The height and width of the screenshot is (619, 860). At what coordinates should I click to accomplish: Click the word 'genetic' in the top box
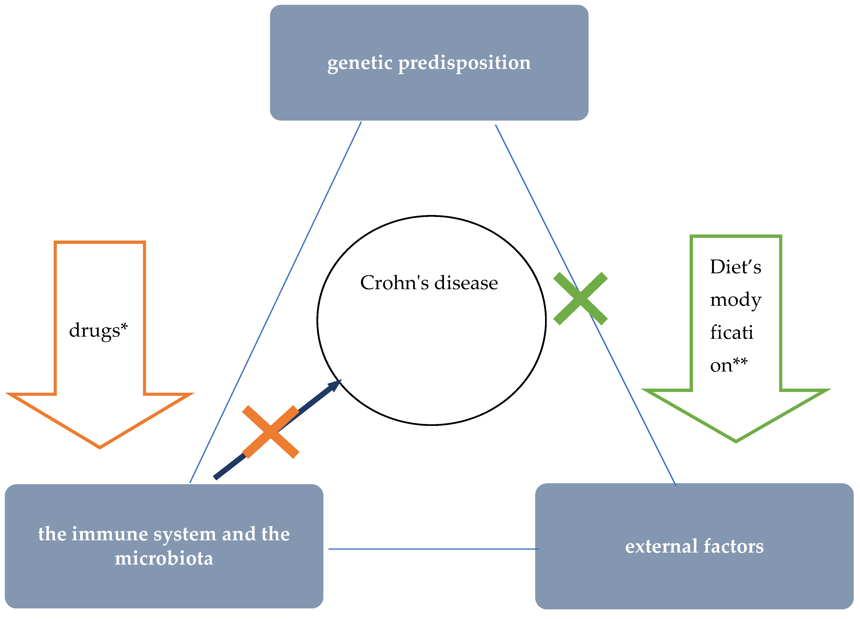click(x=359, y=63)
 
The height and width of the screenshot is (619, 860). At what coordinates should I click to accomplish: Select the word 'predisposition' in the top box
click(x=464, y=63)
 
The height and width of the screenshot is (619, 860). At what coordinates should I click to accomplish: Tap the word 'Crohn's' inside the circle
click(x=394, y=283)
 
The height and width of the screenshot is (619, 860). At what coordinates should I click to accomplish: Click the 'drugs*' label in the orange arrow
click(x=98, y=330)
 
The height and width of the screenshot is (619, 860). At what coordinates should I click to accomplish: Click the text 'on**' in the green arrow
click(x=728, y=365)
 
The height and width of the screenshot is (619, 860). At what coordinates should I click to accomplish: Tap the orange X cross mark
click(x=270, y=432)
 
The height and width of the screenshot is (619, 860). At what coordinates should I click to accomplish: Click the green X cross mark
click(x=580, y=299)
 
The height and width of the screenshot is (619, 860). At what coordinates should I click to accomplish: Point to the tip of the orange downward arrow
click(x=100, y=447)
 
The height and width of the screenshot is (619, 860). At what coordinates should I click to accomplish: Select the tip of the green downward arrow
click(x=736, y=441)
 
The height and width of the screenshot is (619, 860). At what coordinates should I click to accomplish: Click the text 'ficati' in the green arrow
click(x=731, y=333)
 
